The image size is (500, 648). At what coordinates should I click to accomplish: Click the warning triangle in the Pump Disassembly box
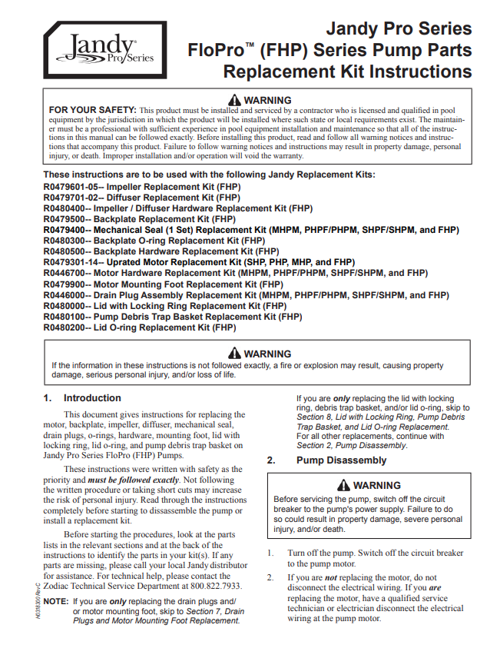pos(343,486)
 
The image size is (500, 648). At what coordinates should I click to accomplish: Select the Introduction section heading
pos(92,398)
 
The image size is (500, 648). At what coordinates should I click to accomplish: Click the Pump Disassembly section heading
pos(342,460)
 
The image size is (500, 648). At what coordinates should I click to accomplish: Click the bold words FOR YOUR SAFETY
pos(91,111)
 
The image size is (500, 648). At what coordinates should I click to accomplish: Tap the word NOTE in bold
pos(56,601)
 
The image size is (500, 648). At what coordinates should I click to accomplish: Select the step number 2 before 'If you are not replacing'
pos(270,577)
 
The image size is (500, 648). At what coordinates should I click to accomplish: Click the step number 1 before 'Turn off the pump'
pos(270,553)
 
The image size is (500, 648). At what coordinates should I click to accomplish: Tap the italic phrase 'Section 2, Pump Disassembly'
pos(352,446)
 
